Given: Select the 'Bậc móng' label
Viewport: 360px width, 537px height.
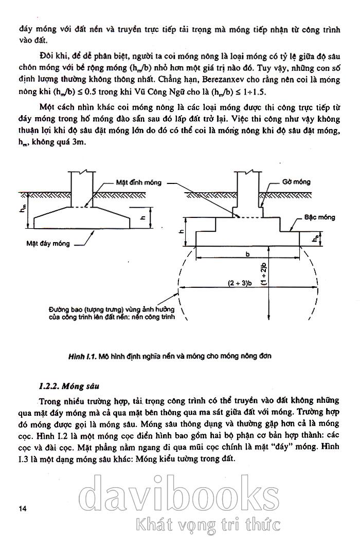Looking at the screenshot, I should tap(319, 217).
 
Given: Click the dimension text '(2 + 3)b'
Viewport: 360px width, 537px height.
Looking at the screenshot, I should tap(242, 282).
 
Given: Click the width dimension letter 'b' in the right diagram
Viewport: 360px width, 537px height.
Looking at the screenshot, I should tap(247, 253).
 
